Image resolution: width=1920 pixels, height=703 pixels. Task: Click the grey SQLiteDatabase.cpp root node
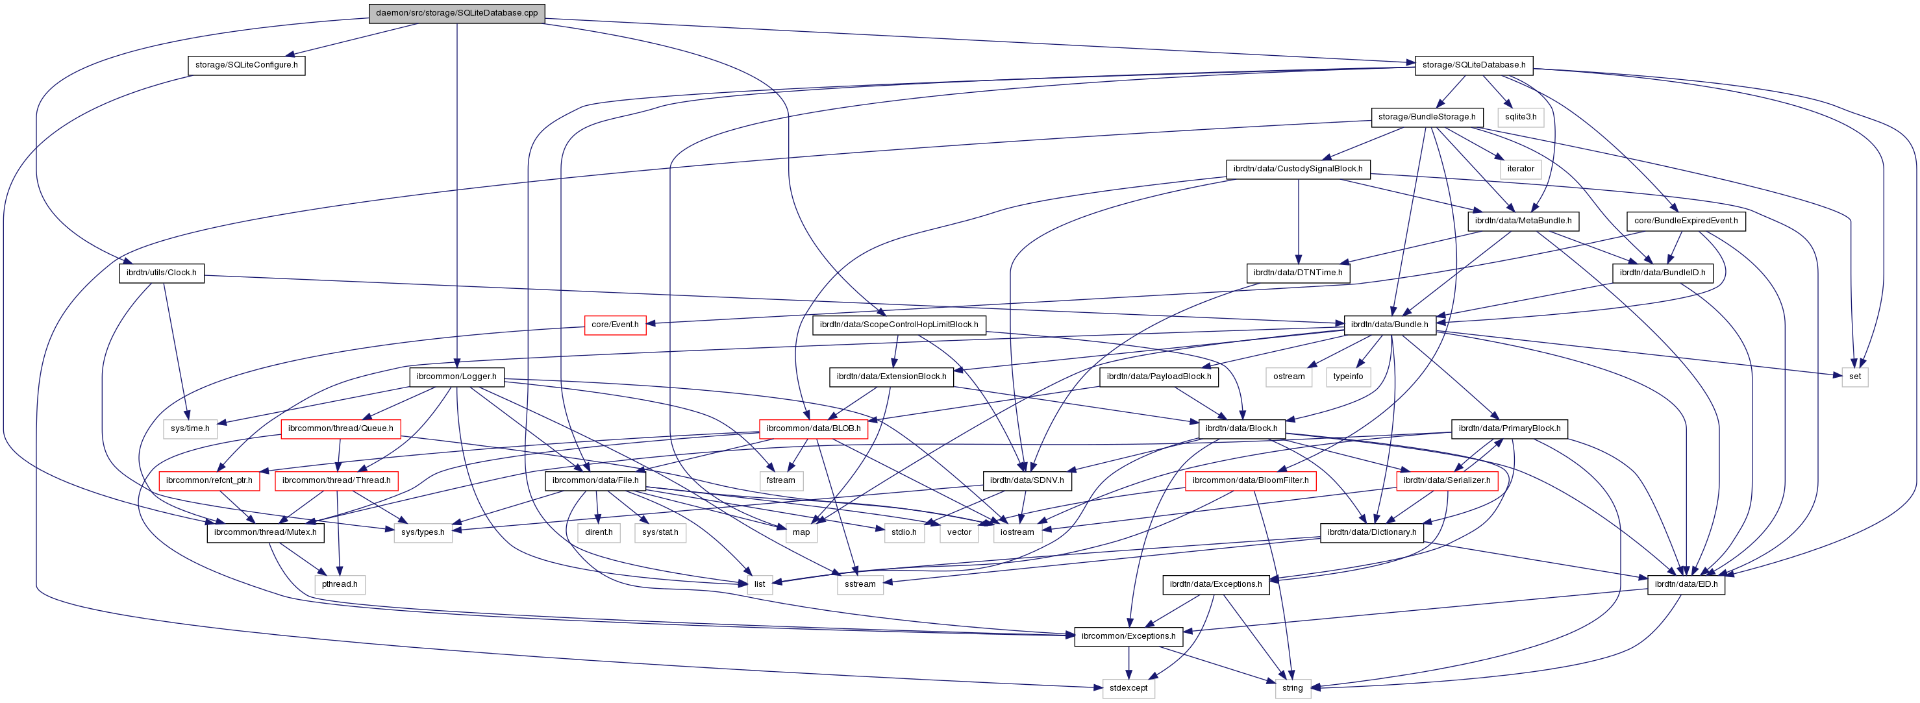point(457,14)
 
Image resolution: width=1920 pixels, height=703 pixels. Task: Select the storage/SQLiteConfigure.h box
point(246,66)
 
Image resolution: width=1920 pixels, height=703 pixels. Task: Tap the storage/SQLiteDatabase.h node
point(1473,66)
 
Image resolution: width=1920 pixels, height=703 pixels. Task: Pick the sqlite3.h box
point(1521,117)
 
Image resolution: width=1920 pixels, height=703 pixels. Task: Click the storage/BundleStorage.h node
point(1427,117)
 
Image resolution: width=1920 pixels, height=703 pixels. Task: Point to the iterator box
point(1521,169)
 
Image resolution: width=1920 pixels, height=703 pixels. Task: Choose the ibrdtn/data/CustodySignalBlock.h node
point(1298,169)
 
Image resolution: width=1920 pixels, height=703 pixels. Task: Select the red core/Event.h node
point(615,325)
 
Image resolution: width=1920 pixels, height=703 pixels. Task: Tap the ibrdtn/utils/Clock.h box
point(162,273)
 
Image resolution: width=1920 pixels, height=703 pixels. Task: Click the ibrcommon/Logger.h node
point(456,377)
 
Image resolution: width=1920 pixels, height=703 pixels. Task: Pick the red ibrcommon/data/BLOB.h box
point(813,428)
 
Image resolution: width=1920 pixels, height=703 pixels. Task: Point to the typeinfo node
point(1347,377)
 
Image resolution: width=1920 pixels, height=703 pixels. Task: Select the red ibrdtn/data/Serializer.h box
point(1447,481)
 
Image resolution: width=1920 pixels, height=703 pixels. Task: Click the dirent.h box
point(599,532)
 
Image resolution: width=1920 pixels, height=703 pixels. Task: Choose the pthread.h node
point(339,584)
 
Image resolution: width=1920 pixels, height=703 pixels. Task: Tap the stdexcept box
point(1128,688)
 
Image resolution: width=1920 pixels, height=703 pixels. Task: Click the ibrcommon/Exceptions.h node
point(1128,637)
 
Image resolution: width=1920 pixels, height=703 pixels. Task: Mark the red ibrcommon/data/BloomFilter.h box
point(1250,481)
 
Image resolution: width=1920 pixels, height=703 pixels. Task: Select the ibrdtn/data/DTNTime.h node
point(1298,273)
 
